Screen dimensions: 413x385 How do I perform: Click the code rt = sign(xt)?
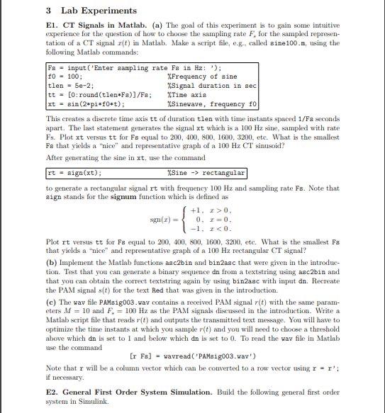pyautogui.click(x=74, y=173)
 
